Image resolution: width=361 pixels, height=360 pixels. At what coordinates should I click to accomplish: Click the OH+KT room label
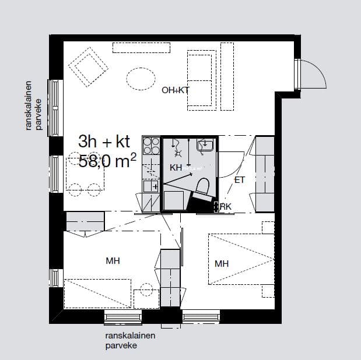pyautogui.click(x=175, y=90)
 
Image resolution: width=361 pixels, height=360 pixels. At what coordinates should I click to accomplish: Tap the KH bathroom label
pyautogui.click(x=176, y=168)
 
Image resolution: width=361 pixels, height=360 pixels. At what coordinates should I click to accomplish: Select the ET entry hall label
pyautogui.click(x=240, y=180)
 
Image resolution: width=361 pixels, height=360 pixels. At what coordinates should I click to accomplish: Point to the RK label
pyautogui.click(x=226, y=207)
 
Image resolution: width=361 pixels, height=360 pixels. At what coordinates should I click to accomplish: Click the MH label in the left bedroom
pyautogui.click(x=113, y=261)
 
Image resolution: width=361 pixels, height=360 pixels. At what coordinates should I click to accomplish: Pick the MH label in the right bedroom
pyautogui.click(x=222, y=264)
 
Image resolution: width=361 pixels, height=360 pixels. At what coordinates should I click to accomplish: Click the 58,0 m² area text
pyautogui.click(x=107, y=160)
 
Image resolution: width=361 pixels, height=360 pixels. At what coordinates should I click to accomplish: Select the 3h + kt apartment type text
pyautogui.click(x=104, y=142)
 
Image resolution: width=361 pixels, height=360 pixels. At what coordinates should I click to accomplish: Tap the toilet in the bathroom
pyautogui.click(x=202, y=188)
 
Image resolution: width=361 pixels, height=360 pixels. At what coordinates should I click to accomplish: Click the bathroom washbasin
pyautogui.click(x=205, y=145)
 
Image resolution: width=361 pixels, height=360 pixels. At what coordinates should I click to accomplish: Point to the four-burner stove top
pyautogui.click(x=151, y=146)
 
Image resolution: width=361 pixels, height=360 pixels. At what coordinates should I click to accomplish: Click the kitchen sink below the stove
pyautogui.click(x=151, y=186)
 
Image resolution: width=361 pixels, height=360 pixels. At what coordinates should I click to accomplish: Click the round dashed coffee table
pyautogui.click(x=141, y=79)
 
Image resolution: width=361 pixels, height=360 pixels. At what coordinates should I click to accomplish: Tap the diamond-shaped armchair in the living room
pyautogui.click(x=89, y=67)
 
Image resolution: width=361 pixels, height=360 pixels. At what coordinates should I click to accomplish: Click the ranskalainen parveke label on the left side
pyautogui.click(x=34, y=105)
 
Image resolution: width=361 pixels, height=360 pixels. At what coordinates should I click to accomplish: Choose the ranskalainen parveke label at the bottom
pyautogui.click(x=130, y=340)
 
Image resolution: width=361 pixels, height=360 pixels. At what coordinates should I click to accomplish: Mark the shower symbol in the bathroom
pyautogui.click(x=177, y=153)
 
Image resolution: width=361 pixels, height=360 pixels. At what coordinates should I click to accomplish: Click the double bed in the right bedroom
pyautogui.click(x=241, y=259)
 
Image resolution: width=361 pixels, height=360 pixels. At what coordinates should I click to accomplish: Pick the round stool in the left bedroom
pyautogui.click(x=146, y=290)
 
